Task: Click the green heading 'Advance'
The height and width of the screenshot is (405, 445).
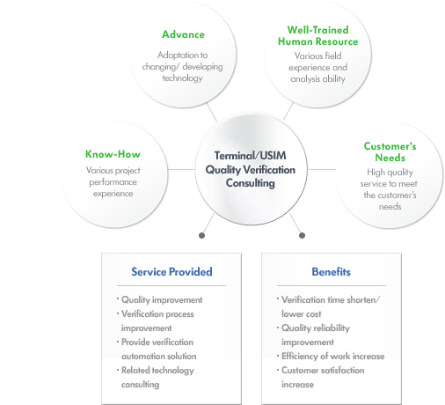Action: coord(183,34)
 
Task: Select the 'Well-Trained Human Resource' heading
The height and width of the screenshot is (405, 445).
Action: coord(318,36)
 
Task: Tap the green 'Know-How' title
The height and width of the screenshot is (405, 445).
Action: coord(113,154)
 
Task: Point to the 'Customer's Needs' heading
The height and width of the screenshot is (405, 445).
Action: coord(390,151)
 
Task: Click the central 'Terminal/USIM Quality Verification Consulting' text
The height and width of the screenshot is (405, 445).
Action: coord(251,169)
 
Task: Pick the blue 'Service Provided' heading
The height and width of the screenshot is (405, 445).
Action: coord(171,272)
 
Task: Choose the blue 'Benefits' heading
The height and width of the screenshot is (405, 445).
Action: coord(331,272)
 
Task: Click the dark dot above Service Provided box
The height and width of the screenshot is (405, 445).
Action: coord(201,235)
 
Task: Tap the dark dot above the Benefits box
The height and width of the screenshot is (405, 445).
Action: coord(302,235)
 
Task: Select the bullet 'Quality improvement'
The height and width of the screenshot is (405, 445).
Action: coord(162,300)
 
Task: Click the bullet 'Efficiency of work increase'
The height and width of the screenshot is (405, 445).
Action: coord(333,357)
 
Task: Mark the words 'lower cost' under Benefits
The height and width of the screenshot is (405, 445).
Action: coord(302,314)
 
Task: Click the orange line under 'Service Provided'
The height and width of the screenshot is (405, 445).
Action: coord(171,285)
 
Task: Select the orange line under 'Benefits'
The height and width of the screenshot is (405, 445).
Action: coord(332,285)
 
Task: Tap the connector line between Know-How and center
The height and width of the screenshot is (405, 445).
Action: coord(181,169)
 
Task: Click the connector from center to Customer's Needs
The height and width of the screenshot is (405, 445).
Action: coord(322,169)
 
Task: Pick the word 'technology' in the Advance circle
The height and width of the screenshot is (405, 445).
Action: coord(182,78)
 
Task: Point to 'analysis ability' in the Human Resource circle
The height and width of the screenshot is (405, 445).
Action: coord(318,79)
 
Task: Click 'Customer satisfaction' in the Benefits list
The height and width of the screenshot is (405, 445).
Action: coord(323,371)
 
